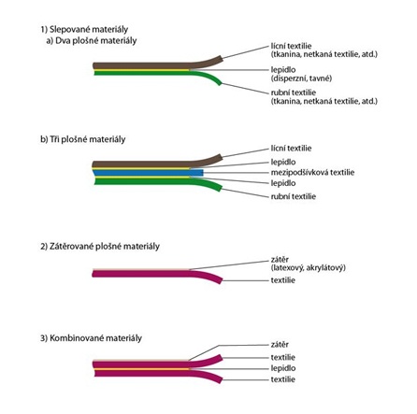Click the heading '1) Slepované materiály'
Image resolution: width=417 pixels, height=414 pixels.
coord(84,30)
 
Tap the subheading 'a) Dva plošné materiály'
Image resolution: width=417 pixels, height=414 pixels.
coord(92,41)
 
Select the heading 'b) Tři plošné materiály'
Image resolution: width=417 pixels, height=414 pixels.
coord(83,139)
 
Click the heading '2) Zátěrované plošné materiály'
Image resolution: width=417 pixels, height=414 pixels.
coord(100,247)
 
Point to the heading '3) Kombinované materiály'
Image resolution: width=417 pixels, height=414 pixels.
coord(91,338)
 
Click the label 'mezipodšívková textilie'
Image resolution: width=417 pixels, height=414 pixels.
coord(312,172)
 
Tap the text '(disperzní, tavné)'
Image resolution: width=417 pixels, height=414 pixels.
coord(301,79)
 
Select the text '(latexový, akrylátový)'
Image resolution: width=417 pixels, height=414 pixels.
coord(309,267)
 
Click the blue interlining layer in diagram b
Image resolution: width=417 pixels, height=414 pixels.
coord(148,173)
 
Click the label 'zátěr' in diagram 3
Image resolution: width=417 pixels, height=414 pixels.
coord(280,345)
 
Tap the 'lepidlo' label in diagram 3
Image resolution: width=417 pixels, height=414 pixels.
coord(283,368)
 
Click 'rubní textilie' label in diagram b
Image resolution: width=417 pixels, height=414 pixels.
coord(294,196)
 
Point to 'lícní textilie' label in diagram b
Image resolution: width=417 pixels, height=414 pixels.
coord(291,149)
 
